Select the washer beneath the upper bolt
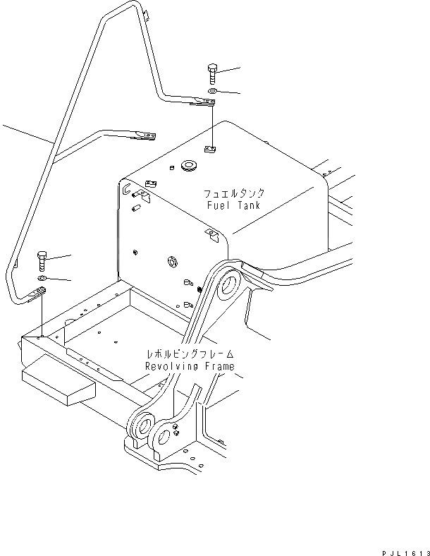point(213,92)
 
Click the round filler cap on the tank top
point(189,167)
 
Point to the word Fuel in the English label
point(219,205)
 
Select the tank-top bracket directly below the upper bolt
point(210,148)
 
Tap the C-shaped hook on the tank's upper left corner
point(125,189)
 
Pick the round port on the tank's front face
point(171,263)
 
